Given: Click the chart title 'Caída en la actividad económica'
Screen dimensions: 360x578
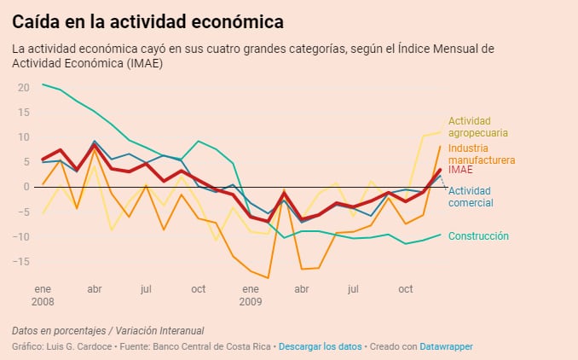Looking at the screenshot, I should pos(148,20).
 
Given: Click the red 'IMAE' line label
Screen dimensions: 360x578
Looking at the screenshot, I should pos(460,171).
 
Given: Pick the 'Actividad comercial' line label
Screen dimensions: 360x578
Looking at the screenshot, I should pos(471,196).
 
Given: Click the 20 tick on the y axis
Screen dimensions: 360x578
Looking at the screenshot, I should pos(23,88).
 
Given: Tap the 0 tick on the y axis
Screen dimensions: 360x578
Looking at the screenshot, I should pos(26,187).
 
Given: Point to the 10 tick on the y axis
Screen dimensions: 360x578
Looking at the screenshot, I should pos(23,137).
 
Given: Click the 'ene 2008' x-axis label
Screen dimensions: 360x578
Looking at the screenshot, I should pos(43,295).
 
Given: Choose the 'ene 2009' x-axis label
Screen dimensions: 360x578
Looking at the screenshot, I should pos(250,295).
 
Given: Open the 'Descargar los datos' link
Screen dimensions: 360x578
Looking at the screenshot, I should pos(319,346).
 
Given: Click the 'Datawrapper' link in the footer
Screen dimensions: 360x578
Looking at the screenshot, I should pos(446,346).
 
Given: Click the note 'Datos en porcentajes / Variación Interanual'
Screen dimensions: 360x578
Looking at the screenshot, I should pos(108,330).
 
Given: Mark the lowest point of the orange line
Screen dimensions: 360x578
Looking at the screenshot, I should pos(268,277).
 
